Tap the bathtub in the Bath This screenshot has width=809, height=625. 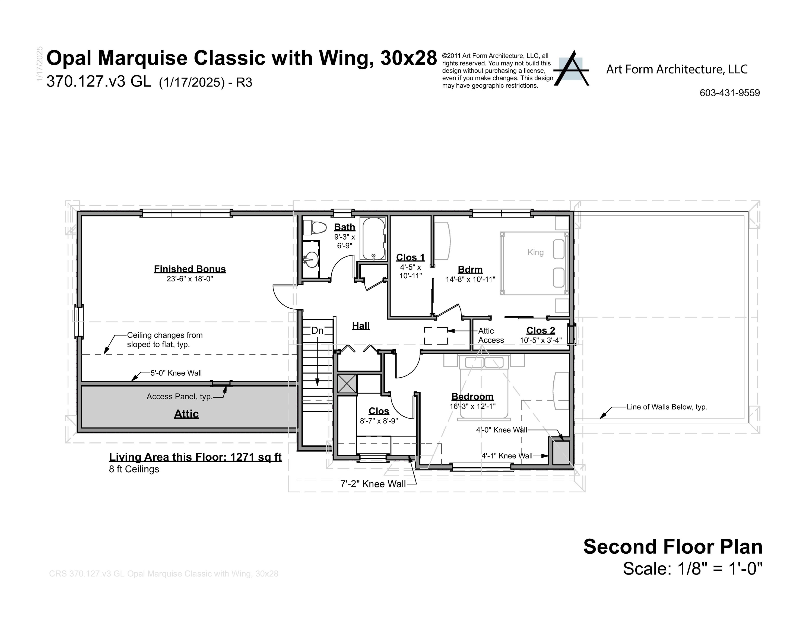[x=374, y=239]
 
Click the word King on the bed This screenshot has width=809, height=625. [x=535, y=253]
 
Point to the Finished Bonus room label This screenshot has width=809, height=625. [x=190, y=269]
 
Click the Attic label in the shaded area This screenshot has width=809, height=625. [x=186, y=414]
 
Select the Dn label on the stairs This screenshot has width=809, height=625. [x=317, y=330]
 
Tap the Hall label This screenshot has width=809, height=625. [x=361, y=326]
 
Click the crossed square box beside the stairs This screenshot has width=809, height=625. [x=347, y=383]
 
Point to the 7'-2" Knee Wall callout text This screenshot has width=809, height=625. [x=373, y=484]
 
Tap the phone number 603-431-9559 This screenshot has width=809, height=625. [x=729, y=93]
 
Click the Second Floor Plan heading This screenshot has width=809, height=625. [x=673, y=547]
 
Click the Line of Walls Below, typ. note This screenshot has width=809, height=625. [x=667, y=407]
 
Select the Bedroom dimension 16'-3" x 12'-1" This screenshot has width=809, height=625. [x=472, y=406]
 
